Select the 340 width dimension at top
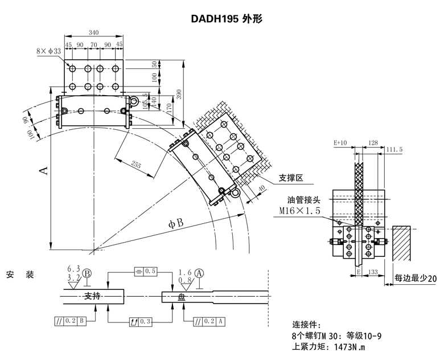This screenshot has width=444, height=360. click(x=94, y=32)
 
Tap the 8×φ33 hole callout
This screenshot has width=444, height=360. click(x=48, y=51)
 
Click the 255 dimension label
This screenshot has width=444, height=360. click(x=137, y=165)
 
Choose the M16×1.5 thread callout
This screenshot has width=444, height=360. click(x=300, y=211)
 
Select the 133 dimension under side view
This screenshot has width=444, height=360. click(x=374, y=273)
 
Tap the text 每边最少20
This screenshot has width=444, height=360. click(x=416, y=279)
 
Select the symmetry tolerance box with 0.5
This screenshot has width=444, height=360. click(x=145, y=271)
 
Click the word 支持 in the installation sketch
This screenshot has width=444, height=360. click(x=92, y=296)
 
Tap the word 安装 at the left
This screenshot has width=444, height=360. click(x=20, y=275)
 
